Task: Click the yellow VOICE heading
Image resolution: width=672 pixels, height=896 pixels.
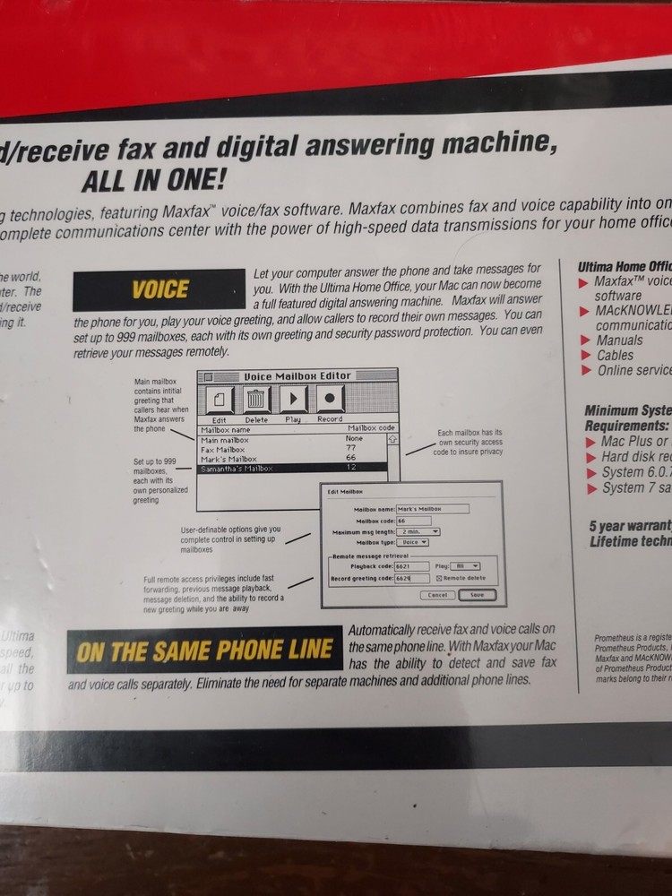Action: pos(160,289)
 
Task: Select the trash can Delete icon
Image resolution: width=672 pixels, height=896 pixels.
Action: pos(256,401)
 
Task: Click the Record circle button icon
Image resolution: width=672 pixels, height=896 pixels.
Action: pos(330,400)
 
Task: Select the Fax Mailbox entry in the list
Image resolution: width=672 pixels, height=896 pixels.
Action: pos(224,449)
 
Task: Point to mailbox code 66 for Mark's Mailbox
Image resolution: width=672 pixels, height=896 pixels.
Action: pos(350,458)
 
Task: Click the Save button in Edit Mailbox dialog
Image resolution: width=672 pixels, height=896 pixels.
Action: pos(477,595)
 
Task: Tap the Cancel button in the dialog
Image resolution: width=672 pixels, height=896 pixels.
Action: pos(436,595)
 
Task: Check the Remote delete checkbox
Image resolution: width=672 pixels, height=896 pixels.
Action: pos(439,579)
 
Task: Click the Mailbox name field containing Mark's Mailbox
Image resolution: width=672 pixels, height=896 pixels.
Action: pos(433,509)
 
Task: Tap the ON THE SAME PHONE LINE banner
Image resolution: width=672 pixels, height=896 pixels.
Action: pos(204,650)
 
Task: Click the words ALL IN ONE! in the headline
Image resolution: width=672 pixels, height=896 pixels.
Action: pos(153,180)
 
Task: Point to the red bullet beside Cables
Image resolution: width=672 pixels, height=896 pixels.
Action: pos(584,356)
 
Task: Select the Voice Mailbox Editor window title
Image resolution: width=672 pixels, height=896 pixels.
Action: pos(298,375)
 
